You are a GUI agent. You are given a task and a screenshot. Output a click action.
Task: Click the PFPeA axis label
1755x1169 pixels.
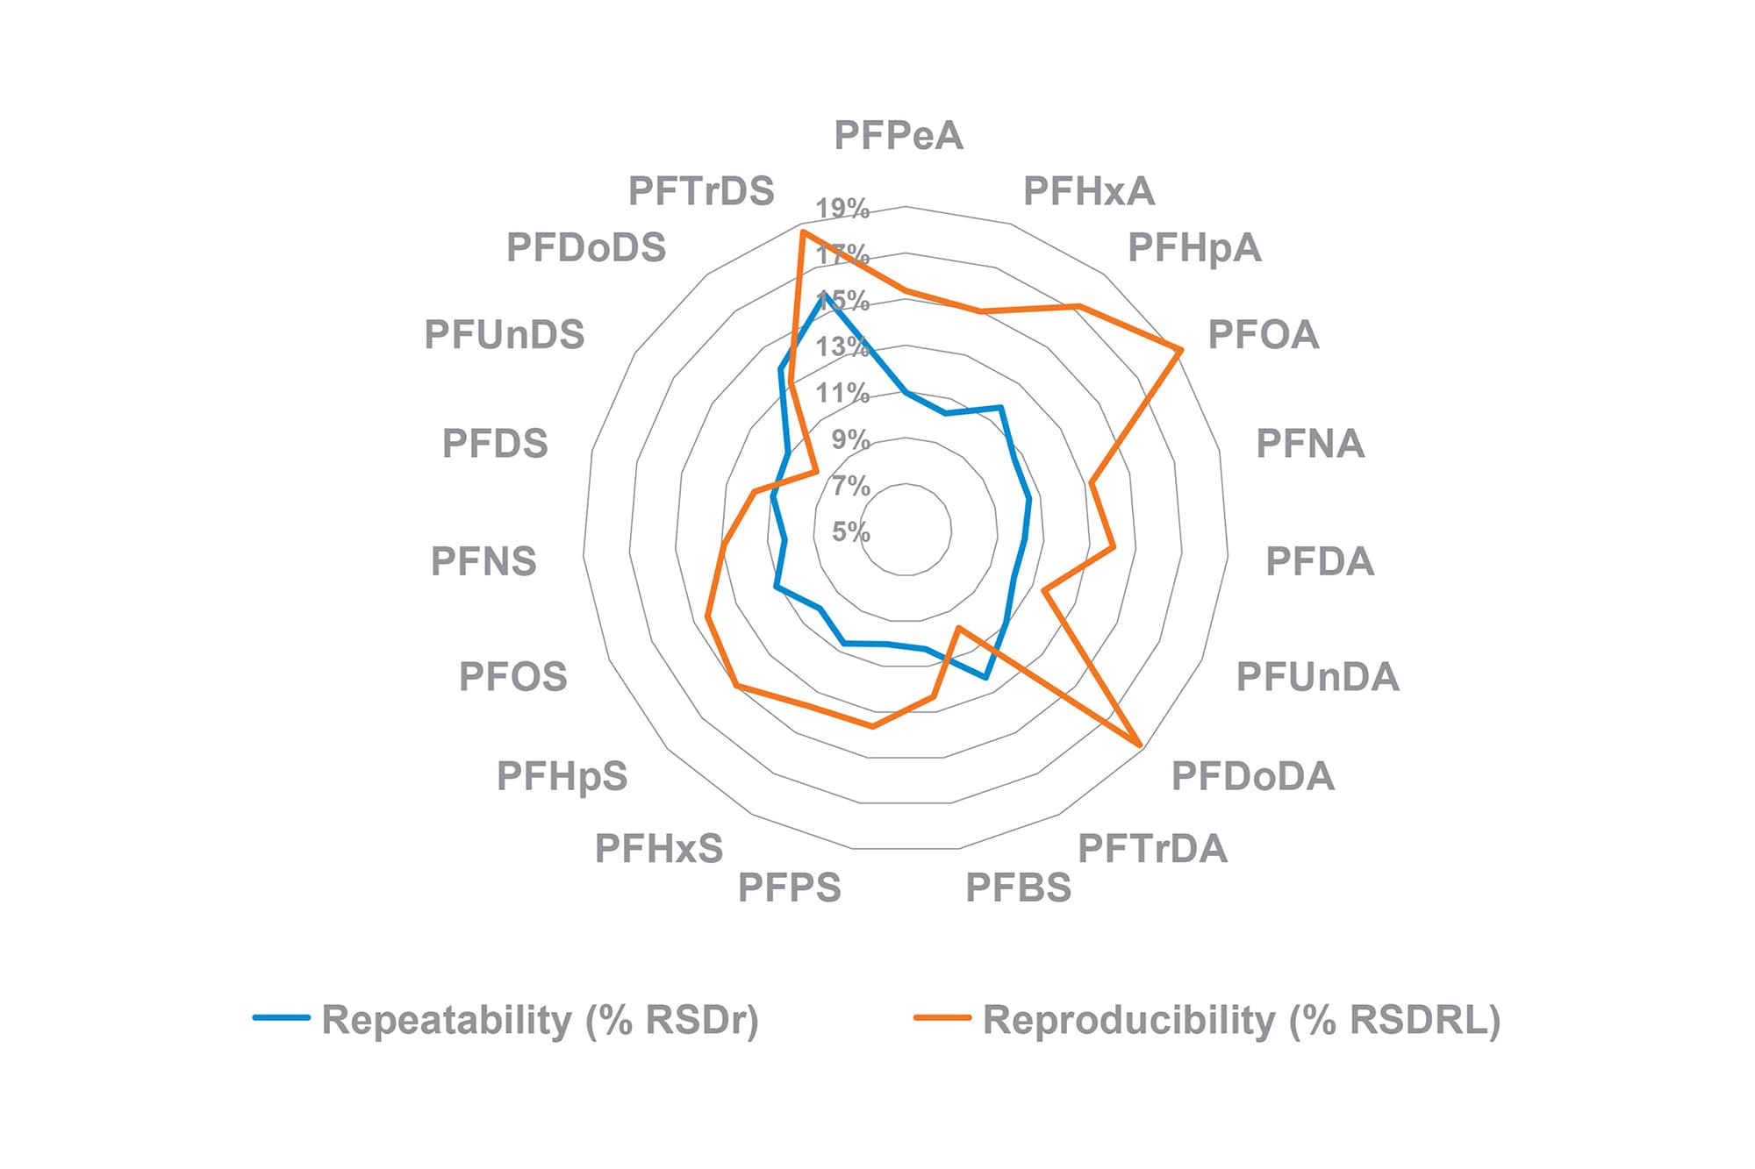click(x=898, y=136)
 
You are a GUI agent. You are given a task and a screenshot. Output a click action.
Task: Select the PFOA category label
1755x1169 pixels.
click(x=1263, y=335)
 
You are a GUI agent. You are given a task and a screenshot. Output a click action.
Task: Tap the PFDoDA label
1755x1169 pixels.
click(x=1252, y=777)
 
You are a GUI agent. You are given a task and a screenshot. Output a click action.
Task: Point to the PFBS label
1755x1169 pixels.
click(x=1018, y=888)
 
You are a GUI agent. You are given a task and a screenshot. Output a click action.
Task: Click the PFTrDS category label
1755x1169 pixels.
click(x=701, y=191)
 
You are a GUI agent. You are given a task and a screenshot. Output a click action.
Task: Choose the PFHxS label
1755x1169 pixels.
click(x=659, y=849)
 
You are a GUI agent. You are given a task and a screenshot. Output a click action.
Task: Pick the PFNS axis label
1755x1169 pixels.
click(x=483, y=561)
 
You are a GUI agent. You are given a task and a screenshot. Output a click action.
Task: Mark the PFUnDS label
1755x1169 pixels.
click(x=505, y=335)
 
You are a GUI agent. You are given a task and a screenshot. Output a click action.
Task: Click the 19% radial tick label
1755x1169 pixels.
click(x=842, y=209)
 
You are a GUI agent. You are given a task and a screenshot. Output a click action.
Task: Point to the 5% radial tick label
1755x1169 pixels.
click(x=850, y=531)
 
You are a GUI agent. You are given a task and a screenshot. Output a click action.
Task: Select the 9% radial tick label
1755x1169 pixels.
click(x=850, y=439)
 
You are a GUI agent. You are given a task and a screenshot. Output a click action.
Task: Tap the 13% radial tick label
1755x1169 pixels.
click(x=842, y=347)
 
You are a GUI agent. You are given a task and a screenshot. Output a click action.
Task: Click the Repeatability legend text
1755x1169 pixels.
click(x=540, y=1020)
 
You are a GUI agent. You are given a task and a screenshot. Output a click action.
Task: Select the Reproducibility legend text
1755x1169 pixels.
click(x=1242, y=1020)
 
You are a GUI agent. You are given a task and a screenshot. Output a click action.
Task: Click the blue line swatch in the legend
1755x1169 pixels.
click(x=282, y=1018)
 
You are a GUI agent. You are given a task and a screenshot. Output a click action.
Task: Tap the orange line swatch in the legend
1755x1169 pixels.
click(x=942, y=1018)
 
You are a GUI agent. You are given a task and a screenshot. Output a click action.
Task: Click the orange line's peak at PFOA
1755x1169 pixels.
click(x=1181, y=350)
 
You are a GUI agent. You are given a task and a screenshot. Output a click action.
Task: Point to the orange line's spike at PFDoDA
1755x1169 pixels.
click(x=1140, y=745)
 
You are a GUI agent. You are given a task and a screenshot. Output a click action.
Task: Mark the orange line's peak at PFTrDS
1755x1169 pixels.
click(x=802, y=232)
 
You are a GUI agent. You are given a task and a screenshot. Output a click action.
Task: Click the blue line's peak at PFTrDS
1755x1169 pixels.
click(x=824, y=296)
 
